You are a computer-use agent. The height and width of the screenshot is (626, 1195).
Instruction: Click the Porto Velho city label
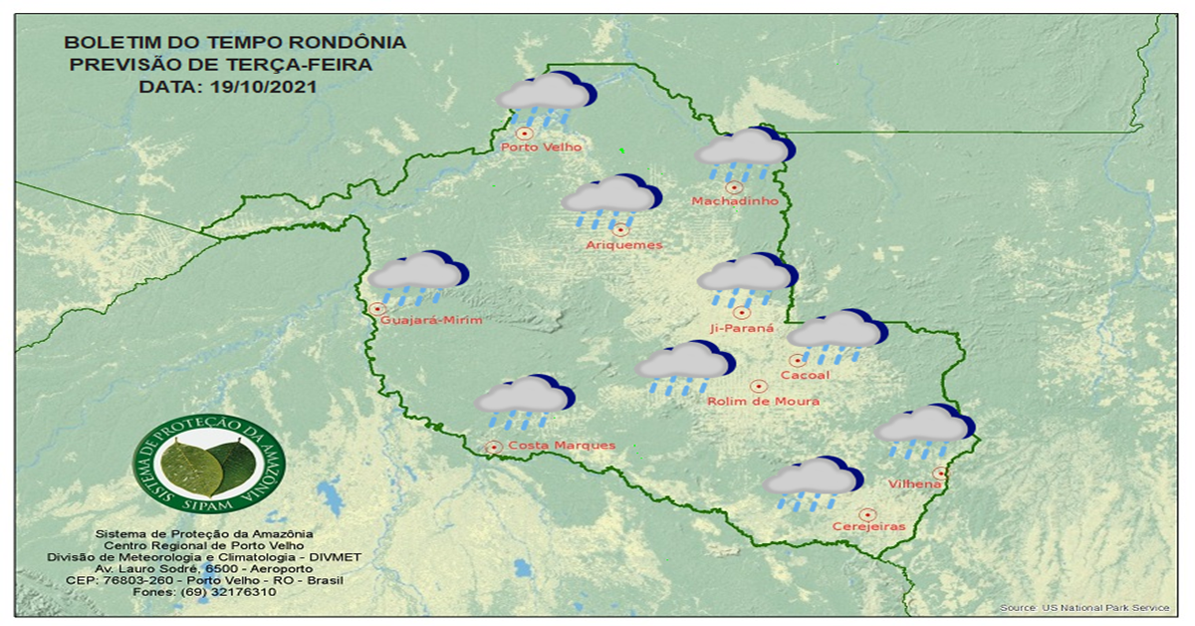541,148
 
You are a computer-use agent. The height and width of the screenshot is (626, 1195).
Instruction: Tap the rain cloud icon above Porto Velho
546,99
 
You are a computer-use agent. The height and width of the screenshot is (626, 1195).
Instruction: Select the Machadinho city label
734,201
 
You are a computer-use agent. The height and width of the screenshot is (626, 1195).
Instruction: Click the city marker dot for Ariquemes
621,230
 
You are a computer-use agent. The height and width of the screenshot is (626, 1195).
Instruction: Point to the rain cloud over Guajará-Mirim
417,276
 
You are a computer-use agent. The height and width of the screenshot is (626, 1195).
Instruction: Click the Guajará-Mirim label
431,320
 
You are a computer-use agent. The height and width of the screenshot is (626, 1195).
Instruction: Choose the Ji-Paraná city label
741,327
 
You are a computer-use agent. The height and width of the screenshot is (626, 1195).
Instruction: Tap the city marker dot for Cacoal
797,361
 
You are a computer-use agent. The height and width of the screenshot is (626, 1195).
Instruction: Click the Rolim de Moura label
763,401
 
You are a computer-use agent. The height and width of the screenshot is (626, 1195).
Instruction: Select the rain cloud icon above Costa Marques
523,401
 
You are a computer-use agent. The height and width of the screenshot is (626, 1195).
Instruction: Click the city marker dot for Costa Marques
493,448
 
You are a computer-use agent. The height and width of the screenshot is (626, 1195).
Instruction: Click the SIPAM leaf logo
209,462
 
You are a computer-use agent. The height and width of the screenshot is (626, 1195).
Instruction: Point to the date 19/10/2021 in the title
260,87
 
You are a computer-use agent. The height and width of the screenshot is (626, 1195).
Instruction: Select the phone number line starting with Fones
204,592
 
